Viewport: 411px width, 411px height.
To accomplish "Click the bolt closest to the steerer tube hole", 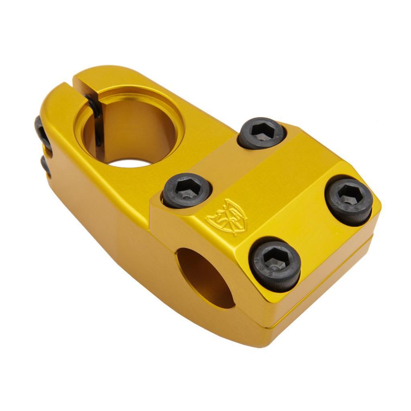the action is click(x=262, y=133).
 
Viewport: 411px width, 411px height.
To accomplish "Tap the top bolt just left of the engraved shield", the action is click(x=187, y=191).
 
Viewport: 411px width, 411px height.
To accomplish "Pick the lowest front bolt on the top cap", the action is click(x=275, y=263).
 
